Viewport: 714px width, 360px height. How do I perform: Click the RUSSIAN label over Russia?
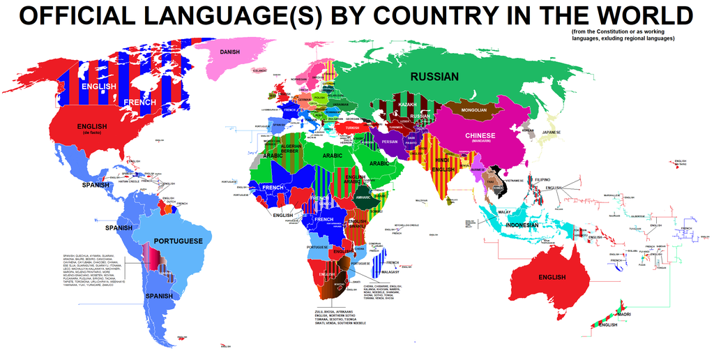tap(434, 77)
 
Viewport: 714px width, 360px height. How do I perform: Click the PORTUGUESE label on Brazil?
tap(178, 241)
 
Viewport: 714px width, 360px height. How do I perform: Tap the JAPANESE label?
tap(552, 132)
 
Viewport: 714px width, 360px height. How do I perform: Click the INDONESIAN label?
tap(522, 225)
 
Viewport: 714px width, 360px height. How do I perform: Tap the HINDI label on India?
tap(442, 160)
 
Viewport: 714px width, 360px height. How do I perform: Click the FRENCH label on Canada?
tap(139, 103)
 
